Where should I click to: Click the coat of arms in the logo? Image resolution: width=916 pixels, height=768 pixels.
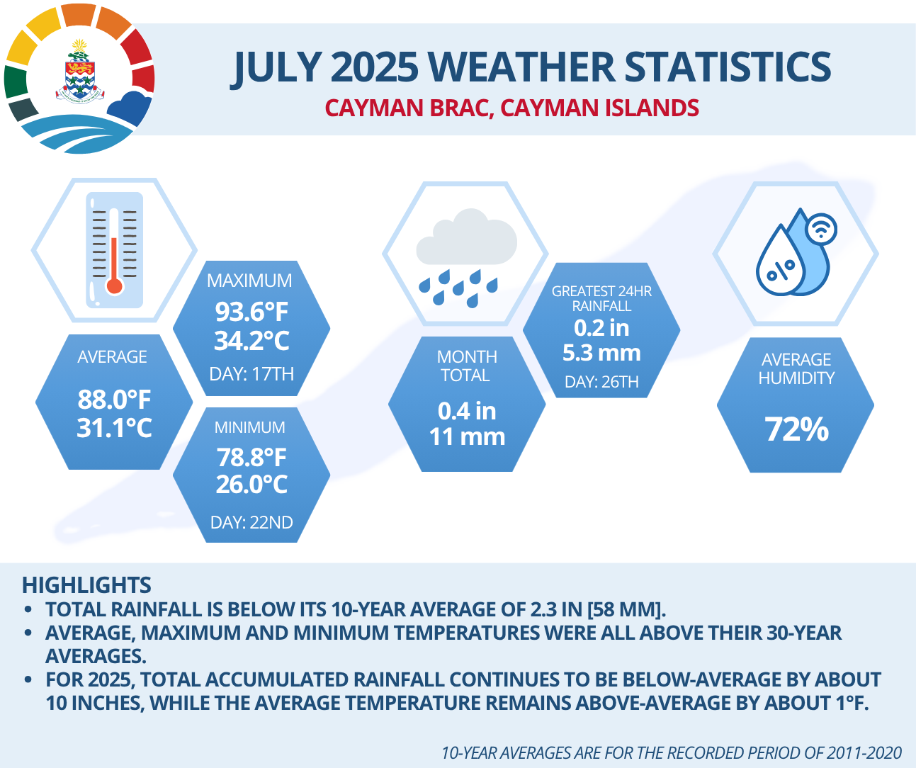point(80,71)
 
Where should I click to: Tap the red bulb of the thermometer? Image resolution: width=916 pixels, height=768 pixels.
point(115,286)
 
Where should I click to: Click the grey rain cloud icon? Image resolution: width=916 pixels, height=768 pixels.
point(466,237)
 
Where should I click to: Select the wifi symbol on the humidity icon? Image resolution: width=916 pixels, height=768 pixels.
point(821,229)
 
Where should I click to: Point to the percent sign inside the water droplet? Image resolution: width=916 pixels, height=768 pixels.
point(781,270)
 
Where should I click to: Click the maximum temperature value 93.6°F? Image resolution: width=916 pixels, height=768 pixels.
point(251,312)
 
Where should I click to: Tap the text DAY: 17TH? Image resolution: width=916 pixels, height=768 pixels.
point(251,374)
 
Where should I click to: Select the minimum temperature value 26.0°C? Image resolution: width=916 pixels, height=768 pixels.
point(251,484)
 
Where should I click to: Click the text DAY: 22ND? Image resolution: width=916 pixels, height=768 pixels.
point(251,522)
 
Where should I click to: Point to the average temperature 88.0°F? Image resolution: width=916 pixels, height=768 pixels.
point(114,400)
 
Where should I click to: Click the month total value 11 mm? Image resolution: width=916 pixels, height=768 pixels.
point(467,436)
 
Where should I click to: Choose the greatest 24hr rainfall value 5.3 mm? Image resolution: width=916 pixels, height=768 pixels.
point(601,352)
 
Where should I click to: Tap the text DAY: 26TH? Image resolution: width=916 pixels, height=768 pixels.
point(601,382)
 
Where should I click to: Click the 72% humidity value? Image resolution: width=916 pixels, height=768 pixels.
point(796,429)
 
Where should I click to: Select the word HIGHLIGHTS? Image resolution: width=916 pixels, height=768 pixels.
point(86,585)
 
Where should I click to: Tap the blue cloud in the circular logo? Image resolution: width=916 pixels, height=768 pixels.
point(130,108)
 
